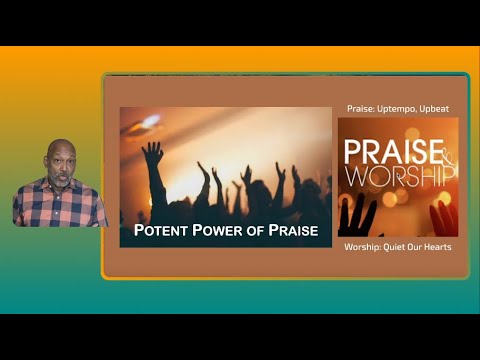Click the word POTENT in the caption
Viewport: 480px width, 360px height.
coord(162,233)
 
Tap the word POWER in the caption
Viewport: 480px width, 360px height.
coord(219,233)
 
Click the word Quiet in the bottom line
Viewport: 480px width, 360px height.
coord(393,246)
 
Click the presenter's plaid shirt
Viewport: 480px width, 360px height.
coord(60,205)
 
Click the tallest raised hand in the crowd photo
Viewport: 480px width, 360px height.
coord(152,153)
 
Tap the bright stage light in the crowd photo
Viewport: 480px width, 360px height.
coord(150,121)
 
